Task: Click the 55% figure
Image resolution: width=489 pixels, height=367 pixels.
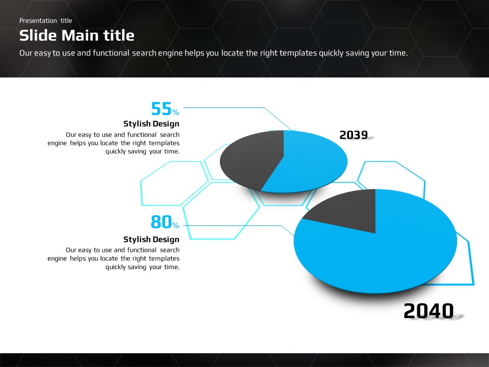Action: click(x=165, y=109)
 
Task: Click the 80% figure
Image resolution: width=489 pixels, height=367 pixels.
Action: click(x=165, y=222)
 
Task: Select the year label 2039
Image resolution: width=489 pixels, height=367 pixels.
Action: click(x=354, y=135)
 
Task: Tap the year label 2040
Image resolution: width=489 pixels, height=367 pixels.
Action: click(x=428, y=311)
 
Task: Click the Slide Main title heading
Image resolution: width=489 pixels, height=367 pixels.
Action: click(x=77, y=35)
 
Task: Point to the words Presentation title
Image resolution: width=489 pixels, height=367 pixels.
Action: click(x=45, y=20)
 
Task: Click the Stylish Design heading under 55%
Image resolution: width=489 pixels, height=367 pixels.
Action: click(x=151, y=124)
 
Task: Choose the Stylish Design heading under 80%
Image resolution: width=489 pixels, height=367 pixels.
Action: click(x=151, y=240)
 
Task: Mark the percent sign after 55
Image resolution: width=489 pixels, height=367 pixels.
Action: click(x=176, y=112)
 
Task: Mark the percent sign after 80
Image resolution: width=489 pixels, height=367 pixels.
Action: click(x=176, y=225)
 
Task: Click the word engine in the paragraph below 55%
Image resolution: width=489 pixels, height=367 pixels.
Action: click(x=57, y=143)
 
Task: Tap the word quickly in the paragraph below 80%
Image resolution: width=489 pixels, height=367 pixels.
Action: click(x=116, y=267)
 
